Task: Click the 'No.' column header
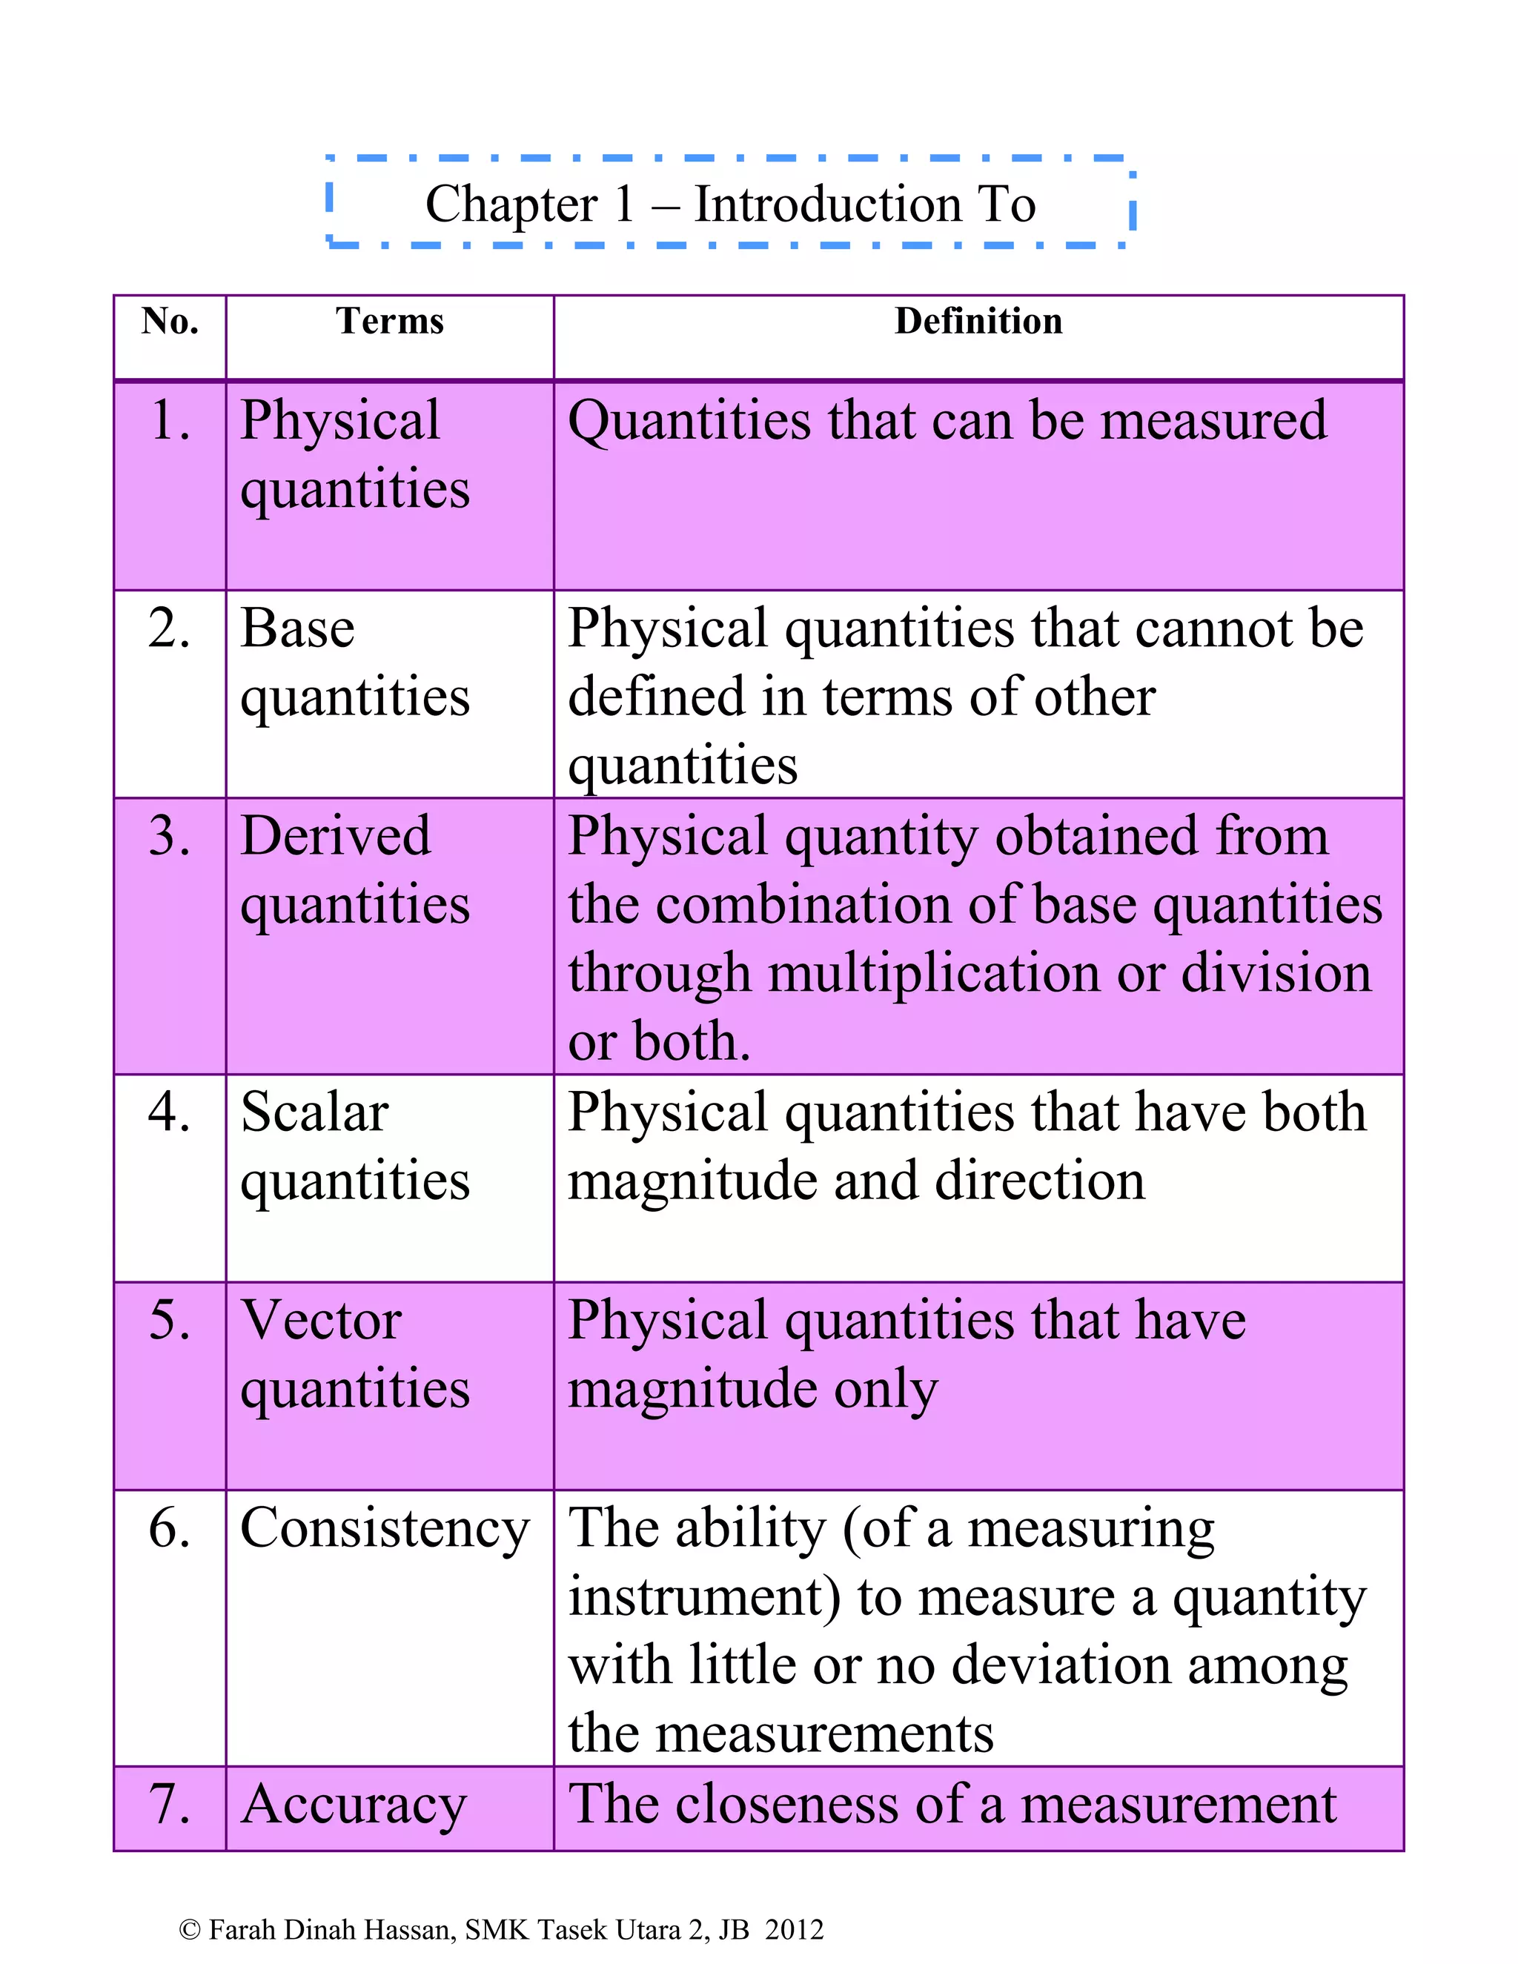tap(169, 321)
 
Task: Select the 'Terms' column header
tap(389, 321)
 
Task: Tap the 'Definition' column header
tap(978, 321)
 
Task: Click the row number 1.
tap(170, 420)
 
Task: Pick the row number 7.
tap(170, 1804)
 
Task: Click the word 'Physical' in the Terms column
tap(340, 422)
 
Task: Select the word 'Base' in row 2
tap(298, 628)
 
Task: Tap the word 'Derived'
tap(336, 835)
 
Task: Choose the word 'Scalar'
tap(315, 1112)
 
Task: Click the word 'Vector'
tap(321, 1320)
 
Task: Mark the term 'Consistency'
tap(385, 1529)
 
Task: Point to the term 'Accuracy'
tap(354, 1805)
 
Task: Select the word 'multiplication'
tap(933, 974)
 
